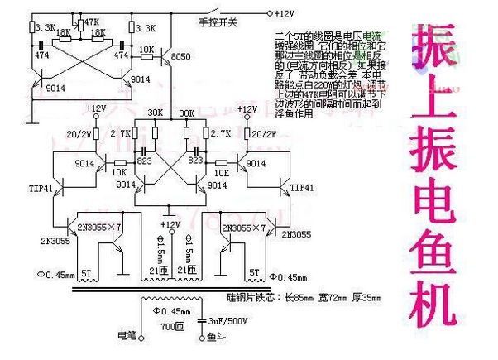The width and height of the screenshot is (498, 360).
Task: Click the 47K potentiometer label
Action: point(92,21)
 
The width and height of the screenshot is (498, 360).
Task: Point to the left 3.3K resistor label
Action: point(45,27)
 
